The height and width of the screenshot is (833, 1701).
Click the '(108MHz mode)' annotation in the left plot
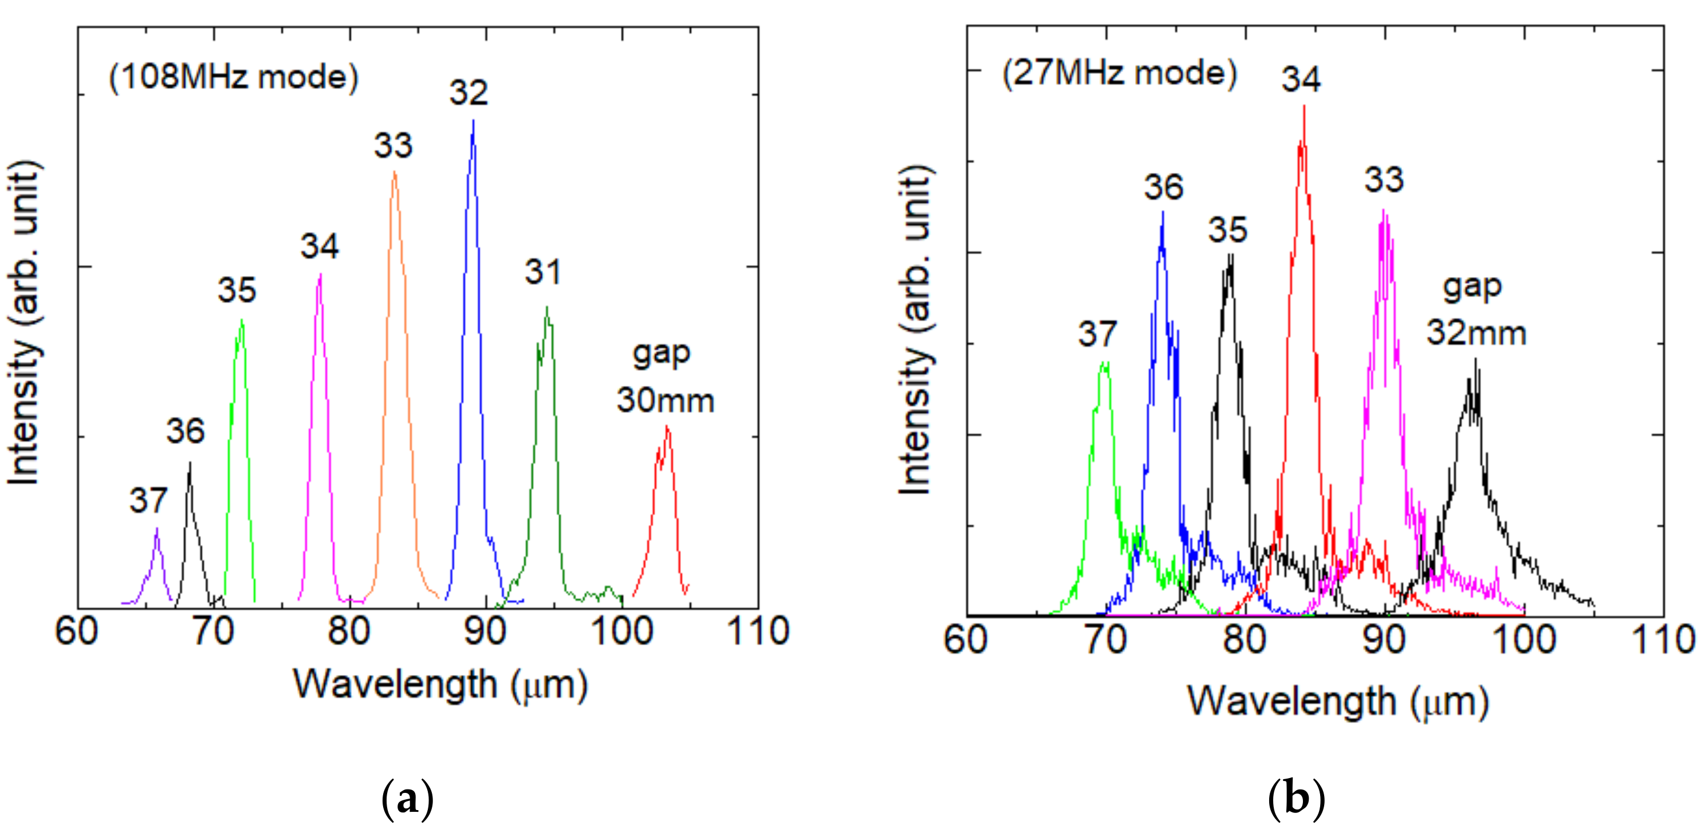[x=234, y=77]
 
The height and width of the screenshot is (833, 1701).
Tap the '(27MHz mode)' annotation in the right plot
[x=1120, y=72]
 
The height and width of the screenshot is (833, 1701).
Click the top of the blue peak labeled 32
[x=473, y=121]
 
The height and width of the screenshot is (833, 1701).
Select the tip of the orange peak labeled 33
[x=394, y=172]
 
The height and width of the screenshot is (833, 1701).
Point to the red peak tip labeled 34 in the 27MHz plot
[x=1304, y=107]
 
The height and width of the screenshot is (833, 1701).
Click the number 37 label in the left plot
[x=148, y=500]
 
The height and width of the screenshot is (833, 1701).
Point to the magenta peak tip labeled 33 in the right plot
[x=1383, y=211]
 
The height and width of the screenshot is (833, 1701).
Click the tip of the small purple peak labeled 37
[x=156, y=528]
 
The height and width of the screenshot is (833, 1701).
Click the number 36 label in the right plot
[x=1163, y=187]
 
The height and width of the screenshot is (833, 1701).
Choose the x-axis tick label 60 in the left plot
[x=77, y=631]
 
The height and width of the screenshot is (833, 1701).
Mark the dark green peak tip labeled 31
[x=547, y=307]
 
